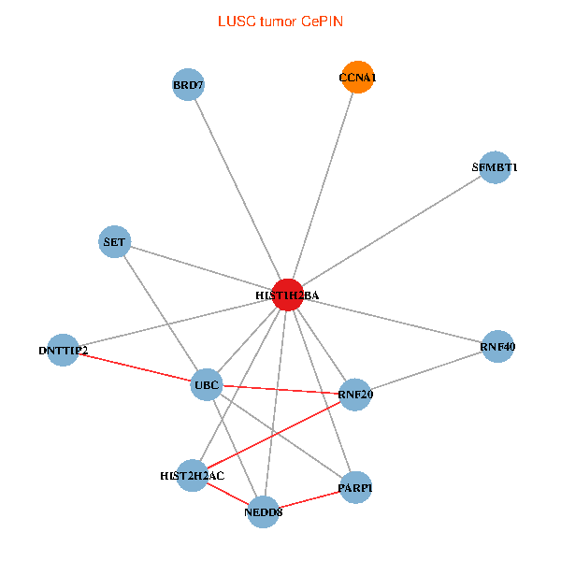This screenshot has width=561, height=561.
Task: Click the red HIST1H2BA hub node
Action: click(x=288, y=295)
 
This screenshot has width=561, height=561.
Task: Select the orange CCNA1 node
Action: click(x=357, y=77)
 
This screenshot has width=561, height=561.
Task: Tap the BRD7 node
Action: click(x=188, y=84)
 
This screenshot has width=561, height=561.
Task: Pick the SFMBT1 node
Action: click(x=495, y=167)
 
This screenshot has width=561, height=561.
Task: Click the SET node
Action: click(x=114, y=241)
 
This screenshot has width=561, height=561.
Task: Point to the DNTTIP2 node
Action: click(x=63, y=350)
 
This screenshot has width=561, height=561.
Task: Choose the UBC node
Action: click(x=207, y=384)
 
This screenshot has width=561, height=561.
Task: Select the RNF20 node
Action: click(x=355, y=395)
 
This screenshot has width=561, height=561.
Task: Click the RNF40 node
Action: click(x=497, y=346)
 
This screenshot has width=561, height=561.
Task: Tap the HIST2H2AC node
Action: click(x=193, y=476)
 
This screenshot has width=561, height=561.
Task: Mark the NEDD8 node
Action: click(x=263, y=512)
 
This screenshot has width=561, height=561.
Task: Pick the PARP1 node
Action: click(x=355, y=487)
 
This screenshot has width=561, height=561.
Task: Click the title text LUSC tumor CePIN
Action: click(x=280, y=22)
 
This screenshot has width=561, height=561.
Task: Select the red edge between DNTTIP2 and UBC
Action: click(x=135, y=367)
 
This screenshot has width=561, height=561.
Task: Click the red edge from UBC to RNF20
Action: click(x=280, y=390)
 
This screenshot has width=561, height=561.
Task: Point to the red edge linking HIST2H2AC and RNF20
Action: click(x=274, y=435)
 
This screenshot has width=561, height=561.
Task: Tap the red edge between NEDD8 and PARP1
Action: click(x=309, y=499)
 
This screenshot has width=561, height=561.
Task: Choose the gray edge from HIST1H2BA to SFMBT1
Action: click(x=392, y=231)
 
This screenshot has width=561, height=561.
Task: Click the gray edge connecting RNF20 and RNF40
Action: click(x=426, y=370)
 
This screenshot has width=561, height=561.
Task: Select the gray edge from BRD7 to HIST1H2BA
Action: click(x=237, y=190)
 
